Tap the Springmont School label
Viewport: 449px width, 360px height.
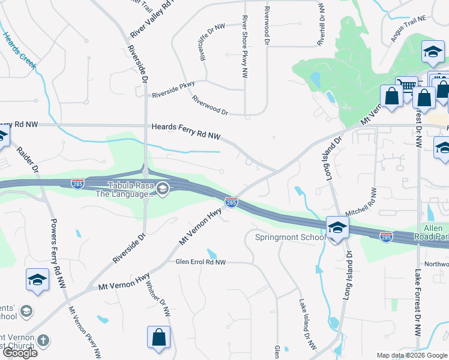coord(289,237)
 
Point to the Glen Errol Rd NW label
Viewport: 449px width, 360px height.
coord(200,262)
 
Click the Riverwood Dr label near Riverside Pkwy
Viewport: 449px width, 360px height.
coord(210,105)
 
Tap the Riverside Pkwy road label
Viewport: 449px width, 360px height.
coord(173,94)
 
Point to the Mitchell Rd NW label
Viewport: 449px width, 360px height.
coord(362,202)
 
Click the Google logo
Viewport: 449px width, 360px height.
coord(19,352)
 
